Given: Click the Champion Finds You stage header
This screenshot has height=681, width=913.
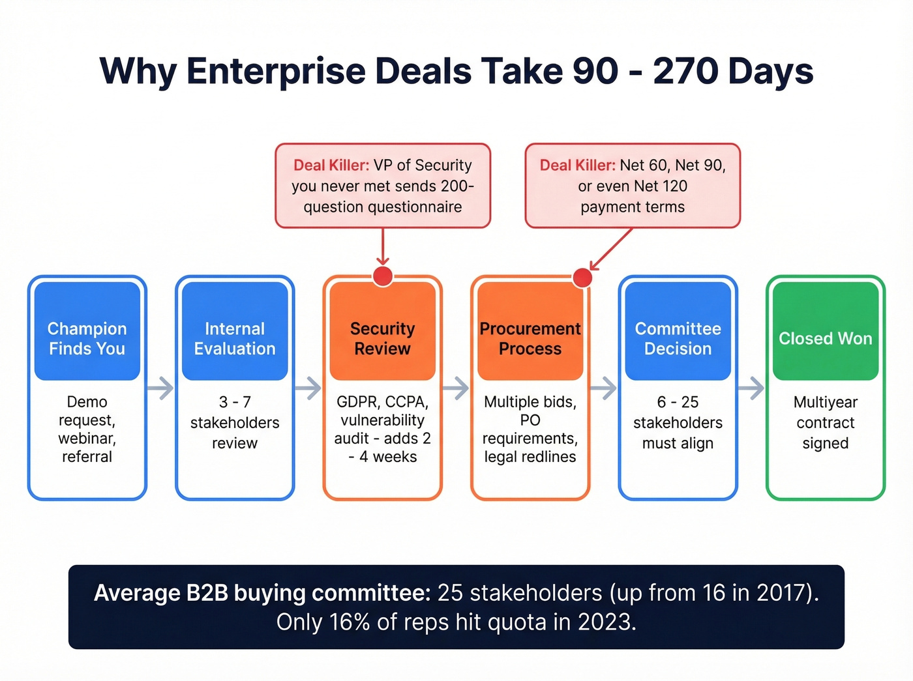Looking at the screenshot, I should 87,331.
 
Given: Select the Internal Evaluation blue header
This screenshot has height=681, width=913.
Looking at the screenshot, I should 235,331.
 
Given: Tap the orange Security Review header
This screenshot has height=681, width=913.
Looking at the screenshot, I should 383,331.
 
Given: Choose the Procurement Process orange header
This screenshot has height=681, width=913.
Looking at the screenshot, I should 530,331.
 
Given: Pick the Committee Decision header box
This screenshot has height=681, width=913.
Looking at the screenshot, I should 678,331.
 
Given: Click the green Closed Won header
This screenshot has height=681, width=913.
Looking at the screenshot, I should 826,331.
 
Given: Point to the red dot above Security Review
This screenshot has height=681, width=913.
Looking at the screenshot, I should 383,276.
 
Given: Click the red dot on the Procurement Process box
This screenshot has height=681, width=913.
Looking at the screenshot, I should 582,278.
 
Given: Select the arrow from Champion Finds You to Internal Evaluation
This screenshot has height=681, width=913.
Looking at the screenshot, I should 161,388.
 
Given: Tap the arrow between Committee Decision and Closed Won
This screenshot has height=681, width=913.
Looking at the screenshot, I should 752,388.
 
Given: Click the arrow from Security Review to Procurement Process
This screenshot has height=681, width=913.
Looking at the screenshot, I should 456,388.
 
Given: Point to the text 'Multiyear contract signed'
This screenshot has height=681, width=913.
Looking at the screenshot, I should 826,422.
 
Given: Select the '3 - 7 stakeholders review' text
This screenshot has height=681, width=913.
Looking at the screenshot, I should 235,422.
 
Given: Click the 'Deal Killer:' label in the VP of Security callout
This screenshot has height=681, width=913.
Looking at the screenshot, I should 331,166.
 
